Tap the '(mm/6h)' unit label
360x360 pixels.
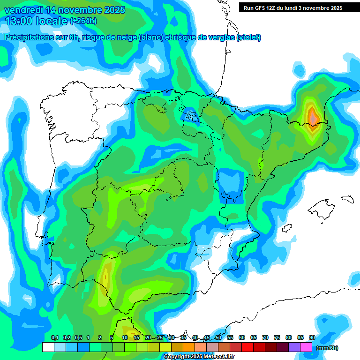click(327, 348)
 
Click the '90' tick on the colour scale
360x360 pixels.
click(312, 337)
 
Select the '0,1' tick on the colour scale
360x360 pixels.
click(54, 337)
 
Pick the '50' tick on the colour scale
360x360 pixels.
click(218, 337)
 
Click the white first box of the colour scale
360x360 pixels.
click(48, 347)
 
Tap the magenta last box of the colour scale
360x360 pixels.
click(306, 347)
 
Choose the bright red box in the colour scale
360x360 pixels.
click(247, 347)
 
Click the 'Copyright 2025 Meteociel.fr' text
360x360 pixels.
click(199, 356)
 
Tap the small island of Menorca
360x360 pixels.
click(347, 198)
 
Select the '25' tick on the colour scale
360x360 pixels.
click(160, 337)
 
